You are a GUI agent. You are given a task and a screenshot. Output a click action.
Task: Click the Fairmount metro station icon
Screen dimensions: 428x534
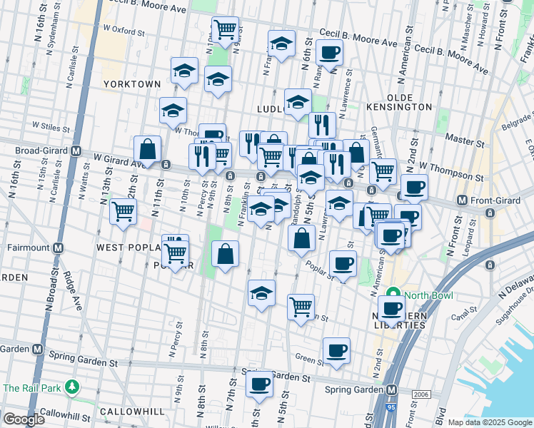click(x=58, y=248)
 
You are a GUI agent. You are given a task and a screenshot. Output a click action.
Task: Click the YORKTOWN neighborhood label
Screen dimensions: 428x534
click(x=132, y=84)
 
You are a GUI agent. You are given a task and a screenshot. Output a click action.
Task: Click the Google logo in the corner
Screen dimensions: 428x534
click(x=24, y=419)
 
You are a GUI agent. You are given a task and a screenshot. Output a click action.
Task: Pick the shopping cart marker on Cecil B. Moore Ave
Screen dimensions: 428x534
click(x=226, y=31)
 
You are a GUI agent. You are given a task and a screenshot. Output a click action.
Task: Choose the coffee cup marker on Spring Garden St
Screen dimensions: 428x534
click(x=259, y=383)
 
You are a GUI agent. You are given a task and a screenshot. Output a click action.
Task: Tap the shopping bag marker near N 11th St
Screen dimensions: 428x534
click(x=148, y=150)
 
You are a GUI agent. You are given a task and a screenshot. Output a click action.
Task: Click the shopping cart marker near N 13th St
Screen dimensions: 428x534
click(x=124, y=212)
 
